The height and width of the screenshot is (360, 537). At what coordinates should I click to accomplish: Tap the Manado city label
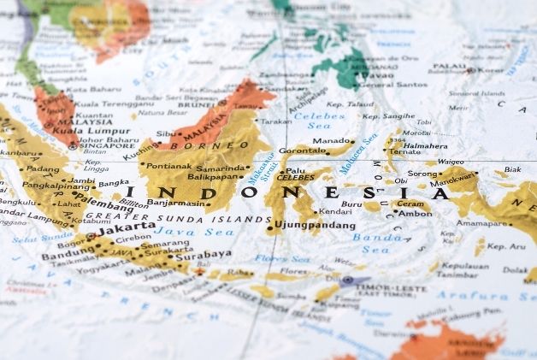[333, 141]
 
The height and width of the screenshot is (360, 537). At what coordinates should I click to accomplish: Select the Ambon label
[416, 213]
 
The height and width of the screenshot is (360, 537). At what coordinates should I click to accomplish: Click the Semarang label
[165, 244]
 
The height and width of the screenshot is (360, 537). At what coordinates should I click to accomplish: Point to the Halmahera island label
[425, 145]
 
